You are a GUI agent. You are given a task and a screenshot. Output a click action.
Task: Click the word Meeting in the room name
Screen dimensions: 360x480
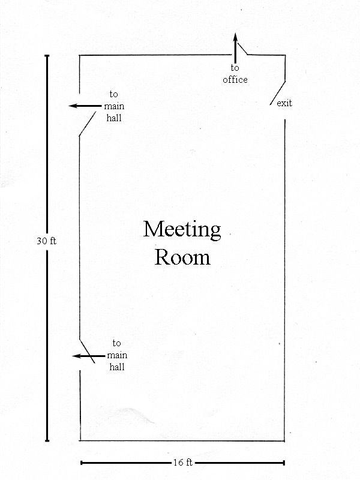point(182,230)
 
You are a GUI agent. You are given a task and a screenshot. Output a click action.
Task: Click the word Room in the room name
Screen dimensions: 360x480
point(182,257)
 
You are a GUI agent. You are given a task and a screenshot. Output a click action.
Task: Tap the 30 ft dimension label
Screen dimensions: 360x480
point(47,241)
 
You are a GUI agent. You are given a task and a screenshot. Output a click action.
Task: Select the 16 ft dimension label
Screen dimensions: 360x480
point(183,462)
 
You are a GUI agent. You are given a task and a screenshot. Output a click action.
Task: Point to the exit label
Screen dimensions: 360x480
point(284,103)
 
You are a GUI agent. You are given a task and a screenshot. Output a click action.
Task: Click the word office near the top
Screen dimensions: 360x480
point(235,80)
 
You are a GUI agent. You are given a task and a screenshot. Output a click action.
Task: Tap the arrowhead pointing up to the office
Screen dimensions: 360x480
point(235,37)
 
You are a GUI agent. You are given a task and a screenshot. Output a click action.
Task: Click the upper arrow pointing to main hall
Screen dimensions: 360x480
point(85,106)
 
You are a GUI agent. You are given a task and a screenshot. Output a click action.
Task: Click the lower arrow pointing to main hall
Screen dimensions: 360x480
point(88,356)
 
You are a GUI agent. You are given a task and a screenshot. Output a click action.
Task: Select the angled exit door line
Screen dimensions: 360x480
point(278,93)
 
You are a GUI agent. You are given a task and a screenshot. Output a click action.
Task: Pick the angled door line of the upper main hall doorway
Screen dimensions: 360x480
point(87,124)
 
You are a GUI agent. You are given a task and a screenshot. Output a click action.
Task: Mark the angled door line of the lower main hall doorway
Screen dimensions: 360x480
point(87,351)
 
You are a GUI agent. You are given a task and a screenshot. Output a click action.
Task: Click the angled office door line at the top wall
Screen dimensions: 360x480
point(242,49)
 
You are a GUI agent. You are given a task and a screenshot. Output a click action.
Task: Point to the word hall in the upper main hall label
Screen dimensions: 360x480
point(114,118)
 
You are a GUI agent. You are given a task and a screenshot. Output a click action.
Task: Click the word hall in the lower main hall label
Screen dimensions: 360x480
point(117,367)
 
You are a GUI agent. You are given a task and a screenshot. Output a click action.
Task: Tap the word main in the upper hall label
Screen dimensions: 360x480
point(114,106)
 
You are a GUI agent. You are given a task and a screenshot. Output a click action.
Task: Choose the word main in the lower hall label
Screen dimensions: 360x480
point(117,355)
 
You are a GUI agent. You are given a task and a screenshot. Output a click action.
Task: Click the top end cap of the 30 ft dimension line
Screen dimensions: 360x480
point(47,56)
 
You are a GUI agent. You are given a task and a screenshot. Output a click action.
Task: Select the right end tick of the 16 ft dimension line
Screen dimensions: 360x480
point(284,463)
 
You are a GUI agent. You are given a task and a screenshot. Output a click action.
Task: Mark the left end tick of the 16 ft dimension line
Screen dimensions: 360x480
point(81,463)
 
